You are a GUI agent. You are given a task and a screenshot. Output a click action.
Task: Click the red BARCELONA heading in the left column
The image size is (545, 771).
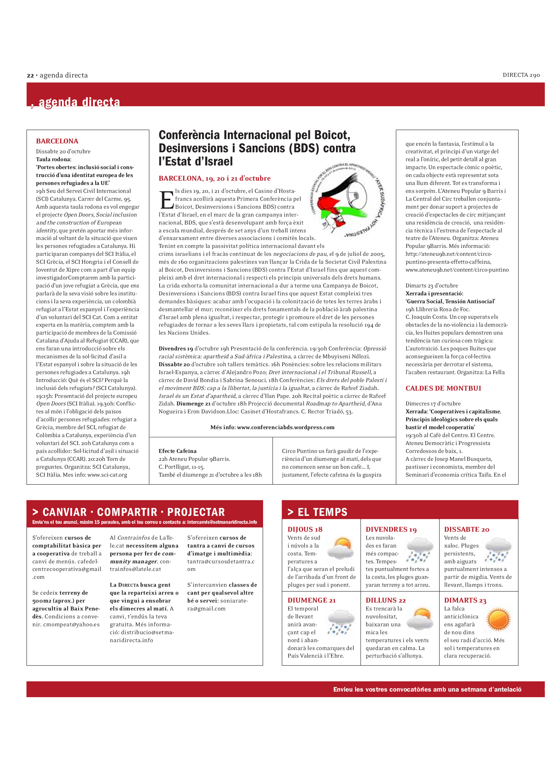pos(57,141)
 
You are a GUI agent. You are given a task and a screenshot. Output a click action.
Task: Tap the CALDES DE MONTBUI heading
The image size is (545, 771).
pos(443,388)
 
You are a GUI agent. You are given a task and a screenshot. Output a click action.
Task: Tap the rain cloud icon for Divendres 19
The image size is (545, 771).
pos(419,550)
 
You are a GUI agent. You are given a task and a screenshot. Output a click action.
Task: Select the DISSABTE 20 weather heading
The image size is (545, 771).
pos(467,529)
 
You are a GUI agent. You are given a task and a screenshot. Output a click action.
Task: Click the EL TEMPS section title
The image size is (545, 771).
pos(322,512)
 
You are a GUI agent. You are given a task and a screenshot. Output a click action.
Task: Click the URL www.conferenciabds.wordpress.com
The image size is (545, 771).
pos(286,427)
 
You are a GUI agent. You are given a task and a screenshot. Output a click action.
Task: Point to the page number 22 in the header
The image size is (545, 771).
pos(30,75)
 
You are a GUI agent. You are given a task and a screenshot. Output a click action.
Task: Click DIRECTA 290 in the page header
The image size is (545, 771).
pos(521,75)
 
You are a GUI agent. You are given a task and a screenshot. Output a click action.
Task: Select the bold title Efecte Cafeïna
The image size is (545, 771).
pos(178,451)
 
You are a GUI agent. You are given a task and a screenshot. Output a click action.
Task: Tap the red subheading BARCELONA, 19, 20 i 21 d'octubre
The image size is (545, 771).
pos(215,178)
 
